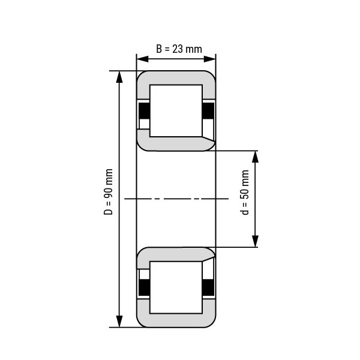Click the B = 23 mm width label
pyautogui.click(x=179, y=49)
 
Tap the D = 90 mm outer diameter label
pyautogui.click(x=108, y=192)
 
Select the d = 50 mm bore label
pyautogui.click(x=245, y=193)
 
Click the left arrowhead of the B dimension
pyautogui.click(x=143, y=59)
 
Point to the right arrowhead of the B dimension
pyautogui.click(x=209, y=59)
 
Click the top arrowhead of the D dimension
pyautogui.click(x=119, y=77)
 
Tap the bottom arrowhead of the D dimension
pyautogui.click(x=119, y=321)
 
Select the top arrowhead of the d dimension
pyautogui.click(x=256, y=157)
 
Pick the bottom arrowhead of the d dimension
pyautogui.click(x=256, y=241)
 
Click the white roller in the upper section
pyautogui.click(x=176, y=111)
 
